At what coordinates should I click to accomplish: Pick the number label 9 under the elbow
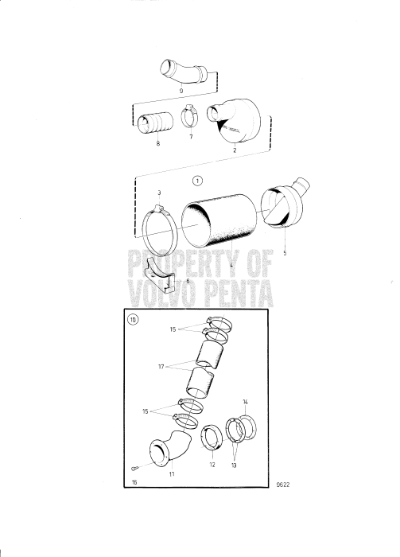point(181,92)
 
